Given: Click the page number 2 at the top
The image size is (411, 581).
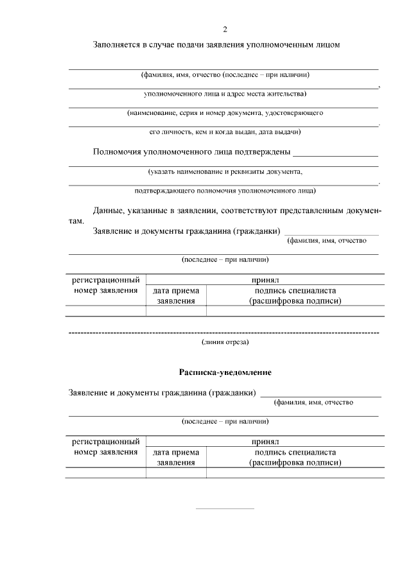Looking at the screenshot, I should click(224, 30).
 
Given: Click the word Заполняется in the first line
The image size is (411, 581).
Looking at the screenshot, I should click(117, 46).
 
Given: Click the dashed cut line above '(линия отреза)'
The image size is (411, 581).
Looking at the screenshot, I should click(223, 333).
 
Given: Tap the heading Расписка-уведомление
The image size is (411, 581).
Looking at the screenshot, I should click(225, 372).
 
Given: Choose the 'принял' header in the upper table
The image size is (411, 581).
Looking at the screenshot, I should click(265, 280).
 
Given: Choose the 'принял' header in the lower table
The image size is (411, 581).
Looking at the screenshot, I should click(265, 442).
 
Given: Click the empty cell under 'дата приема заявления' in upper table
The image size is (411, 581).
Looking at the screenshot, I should click(176, 311).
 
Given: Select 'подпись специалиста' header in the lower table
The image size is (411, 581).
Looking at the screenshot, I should click(295, 452).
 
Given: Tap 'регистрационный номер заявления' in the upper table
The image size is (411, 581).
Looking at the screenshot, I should click(106, 285).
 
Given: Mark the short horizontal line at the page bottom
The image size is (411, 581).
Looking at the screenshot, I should click(225, 509).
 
